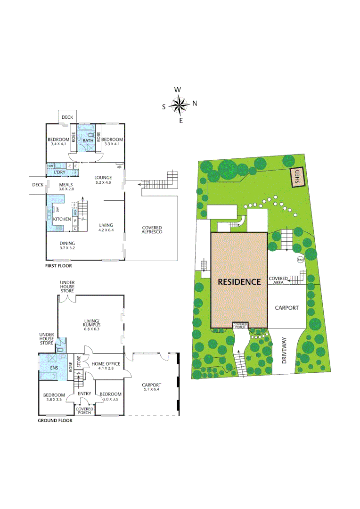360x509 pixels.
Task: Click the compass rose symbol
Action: (180, 105)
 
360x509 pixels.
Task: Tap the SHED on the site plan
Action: (297, 178)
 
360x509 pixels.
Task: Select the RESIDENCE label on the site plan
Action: (239, 282)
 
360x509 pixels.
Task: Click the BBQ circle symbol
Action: (299, 260)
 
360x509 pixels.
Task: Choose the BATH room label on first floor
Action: (88, 140)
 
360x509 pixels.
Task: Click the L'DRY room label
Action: (59, 172)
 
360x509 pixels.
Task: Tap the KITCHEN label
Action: (62, 219)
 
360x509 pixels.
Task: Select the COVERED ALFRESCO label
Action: (152, 230)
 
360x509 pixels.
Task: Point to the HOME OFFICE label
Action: (106, 364)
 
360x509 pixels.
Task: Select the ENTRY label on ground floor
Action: (84, 394)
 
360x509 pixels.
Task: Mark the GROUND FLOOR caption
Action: (55, 420)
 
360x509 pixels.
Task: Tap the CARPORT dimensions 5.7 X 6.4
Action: (151, 390)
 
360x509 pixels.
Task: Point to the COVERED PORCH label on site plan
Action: (240, 326)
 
